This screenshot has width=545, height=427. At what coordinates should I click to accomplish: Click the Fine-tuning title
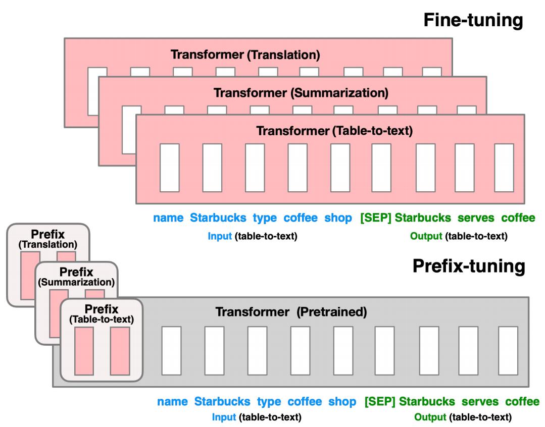pyautogui.click(x=473, y=20)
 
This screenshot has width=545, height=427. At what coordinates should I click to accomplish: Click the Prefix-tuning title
pyautogui.click(x=469, y=266)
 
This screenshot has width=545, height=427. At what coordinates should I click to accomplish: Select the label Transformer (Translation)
pyautogui.click(x=245, y=55)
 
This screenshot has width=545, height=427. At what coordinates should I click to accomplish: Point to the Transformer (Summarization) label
pyautogui.click(x=301, y=93)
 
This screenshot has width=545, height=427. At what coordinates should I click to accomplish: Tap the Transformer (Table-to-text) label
pyautogui.click(x=334, y=131)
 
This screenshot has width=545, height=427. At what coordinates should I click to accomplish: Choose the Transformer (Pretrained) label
pyautogui.click(x=291, y=312)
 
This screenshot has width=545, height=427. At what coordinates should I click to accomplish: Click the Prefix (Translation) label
pyautogui.click(x=47, y=239)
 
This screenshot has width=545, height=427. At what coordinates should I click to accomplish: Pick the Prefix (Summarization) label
pyautogui.click(x=76, y=277)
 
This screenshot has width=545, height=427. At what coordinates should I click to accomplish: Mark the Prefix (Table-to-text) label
pyautogui.click(x=102, y=314)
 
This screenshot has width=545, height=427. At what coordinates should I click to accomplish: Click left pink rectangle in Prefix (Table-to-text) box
pyautogui.click(x=84, y=351)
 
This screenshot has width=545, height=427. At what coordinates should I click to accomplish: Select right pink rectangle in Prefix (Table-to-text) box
pyautogui.click(x=120, y=351)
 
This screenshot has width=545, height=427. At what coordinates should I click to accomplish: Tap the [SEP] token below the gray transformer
pyautogui.click(x=380, y=402)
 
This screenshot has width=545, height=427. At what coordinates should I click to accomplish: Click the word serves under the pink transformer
pyautogui.click(x=476, y=218)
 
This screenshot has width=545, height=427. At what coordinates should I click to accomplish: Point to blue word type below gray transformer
pyautogui.click(x=269, y=402)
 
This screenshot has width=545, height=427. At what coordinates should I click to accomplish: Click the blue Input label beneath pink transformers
pyautogui.click(x=220, y=236)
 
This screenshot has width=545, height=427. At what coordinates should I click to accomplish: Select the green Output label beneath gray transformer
pyautogui.click(x=430, y=417)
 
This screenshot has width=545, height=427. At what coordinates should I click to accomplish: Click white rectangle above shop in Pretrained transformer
pyautogui.click(x=343, y=351)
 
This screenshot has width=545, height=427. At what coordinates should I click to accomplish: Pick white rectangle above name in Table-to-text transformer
pyautogui.click(x=170, y=168)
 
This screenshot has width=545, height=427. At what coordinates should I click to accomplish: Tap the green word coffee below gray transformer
pyautogui.click(x=522, y=402)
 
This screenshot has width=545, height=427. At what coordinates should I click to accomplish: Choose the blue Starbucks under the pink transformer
pyautogui.click(x=218, y=218)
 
